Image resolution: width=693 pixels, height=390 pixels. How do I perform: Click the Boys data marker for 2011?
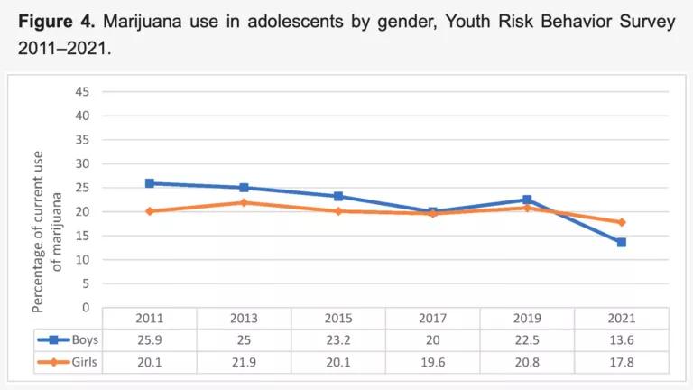point(150,183)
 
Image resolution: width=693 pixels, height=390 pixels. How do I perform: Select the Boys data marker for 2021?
point(621,242)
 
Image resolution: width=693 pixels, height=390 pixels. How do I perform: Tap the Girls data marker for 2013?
point(244,202)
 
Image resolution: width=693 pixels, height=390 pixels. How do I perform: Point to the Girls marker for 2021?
point(621,222)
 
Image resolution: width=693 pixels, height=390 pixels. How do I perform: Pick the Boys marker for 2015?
point(338,196)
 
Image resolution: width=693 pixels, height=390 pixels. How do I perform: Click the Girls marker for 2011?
point(150,211)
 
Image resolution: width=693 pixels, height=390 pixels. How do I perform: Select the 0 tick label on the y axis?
point(86,308)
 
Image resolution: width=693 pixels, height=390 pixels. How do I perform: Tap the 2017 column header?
point(432,319)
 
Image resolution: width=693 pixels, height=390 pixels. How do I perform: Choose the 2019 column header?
point(527,319)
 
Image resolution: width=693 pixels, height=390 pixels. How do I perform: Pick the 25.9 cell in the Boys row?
point(150,340)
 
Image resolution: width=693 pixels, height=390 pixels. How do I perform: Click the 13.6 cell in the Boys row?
point(621,340)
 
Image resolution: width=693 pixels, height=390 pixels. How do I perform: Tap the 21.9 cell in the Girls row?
point(244,362)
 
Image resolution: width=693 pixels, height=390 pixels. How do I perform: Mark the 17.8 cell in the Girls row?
point(621,362)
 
